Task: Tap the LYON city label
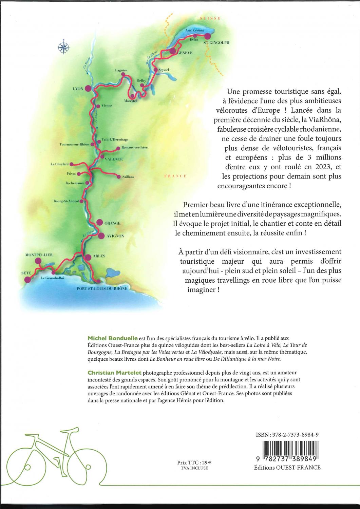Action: [x=78, y=89]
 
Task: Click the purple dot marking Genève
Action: [x=173, y=51]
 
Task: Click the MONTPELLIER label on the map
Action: [x=39, y=254]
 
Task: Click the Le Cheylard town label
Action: [x=59, y=164]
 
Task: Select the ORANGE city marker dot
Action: [x=99, y=222]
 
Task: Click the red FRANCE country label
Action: [x=175, y=176]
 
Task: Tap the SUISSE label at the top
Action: [x=210, y=18]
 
